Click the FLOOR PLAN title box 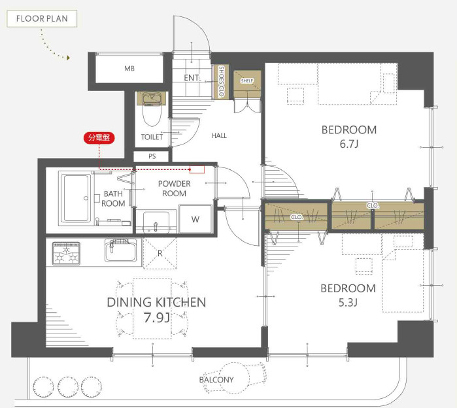42,19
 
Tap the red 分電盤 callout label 99,137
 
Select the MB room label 129,69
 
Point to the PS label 152,156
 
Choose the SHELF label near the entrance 247,80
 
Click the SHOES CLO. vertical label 221,81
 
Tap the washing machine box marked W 195,219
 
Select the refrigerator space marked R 160,253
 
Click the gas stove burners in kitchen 66,254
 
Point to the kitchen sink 120,250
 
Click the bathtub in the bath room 76,198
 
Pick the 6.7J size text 349,144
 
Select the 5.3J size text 348,303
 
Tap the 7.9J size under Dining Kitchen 157,318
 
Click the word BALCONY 216,380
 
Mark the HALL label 219,135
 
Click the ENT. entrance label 192,78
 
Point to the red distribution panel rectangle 197,169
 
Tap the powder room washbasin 156,222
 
